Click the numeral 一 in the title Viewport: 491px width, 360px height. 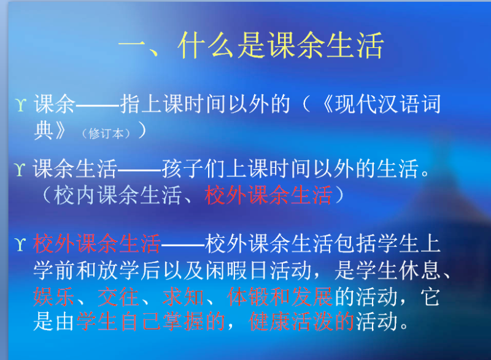tap(132, 46)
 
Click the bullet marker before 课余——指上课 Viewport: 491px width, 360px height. tap(20, 106)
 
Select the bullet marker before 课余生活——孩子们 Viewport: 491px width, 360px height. tap(20, 169)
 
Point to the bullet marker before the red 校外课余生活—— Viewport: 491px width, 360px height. tap(20, 245)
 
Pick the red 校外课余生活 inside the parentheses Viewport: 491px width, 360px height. tap(268, 195)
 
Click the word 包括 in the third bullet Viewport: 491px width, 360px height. tap(354, 244)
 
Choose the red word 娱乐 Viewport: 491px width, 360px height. tap(53, 297)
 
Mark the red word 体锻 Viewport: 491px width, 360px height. tap(247, 297)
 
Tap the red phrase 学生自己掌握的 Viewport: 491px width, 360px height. tap(150, 323)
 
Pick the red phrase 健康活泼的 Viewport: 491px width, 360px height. tap(301, 323)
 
